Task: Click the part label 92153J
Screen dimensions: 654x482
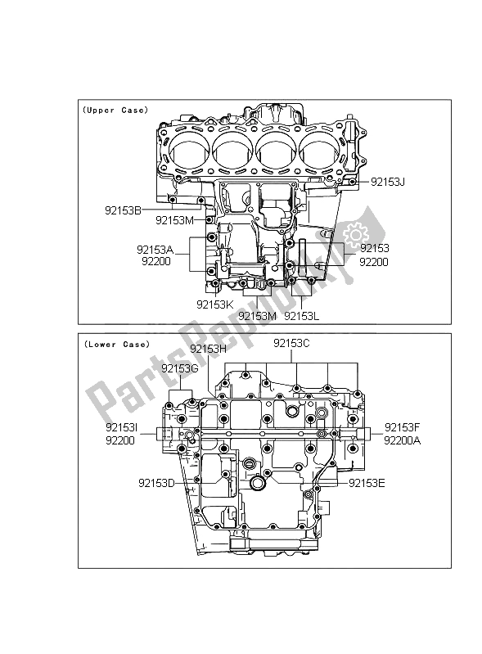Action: (387, 183)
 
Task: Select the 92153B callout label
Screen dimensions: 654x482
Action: (123, 210)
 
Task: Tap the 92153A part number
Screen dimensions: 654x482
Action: (155, 250)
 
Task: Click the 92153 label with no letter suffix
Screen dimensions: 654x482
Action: (373, 248)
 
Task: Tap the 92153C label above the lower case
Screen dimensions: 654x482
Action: (291, 344)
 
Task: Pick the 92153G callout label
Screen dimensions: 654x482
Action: (180, 368)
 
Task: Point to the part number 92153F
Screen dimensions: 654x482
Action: (402, 426)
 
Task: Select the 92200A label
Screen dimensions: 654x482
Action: (402, 440)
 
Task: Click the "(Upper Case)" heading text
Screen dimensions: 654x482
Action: (115, 110)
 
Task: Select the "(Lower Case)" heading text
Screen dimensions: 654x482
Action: (115, 345)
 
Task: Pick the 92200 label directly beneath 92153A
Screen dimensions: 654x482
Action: (155, 263)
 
